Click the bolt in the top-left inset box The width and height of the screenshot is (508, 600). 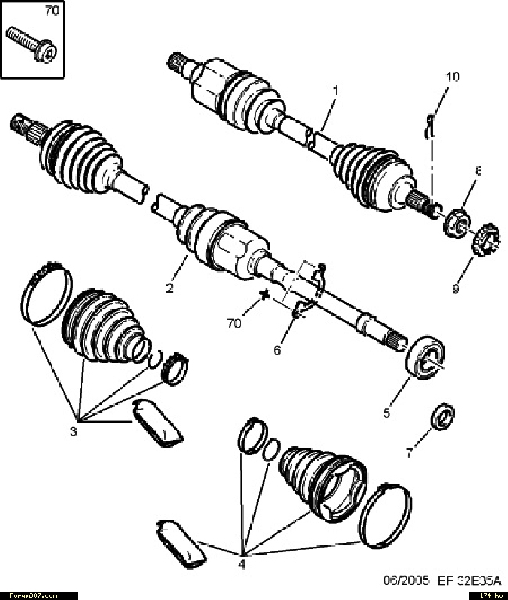point(32,45)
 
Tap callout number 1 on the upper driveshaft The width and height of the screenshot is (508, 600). point(335,91)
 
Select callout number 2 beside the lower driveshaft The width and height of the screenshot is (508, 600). point(170,287)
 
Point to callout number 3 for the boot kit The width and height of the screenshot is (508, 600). point(73,431)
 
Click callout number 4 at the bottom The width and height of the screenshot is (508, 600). point(242,563)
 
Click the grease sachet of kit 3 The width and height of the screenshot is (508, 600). point(157,423)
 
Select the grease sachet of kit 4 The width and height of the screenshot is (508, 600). point(181,545)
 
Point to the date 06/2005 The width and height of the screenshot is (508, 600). point(406,580)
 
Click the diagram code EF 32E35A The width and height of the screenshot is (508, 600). point(470,580)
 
